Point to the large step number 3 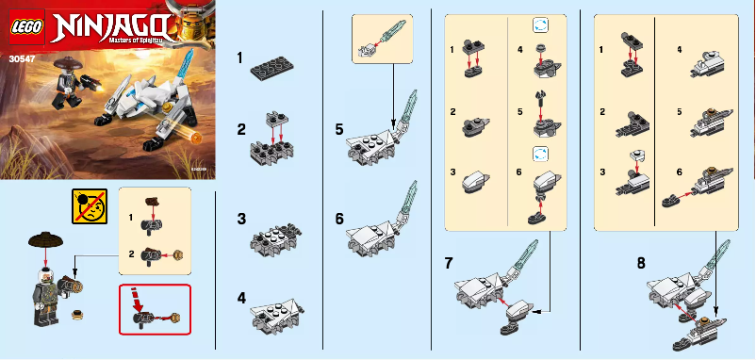[x=241, y=218]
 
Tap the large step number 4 [x=241, y=296]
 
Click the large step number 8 [x=641, y=262]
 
